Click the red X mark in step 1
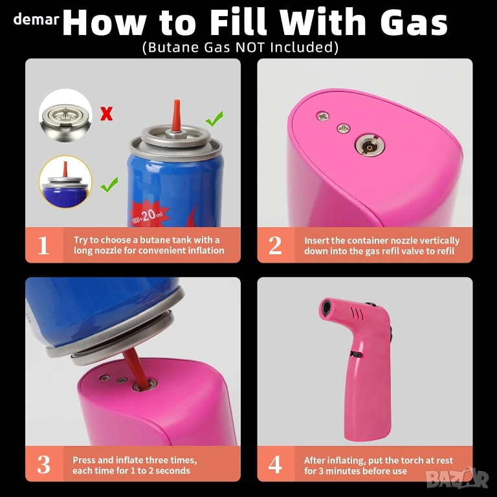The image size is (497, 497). (x=107, y=114)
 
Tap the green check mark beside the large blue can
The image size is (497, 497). (x=215, y=118)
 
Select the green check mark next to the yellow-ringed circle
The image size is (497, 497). (x=109, y=184)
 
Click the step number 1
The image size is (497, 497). (x=43, y=245)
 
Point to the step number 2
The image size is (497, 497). (x=275, y=245)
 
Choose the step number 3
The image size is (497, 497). (x=44, y=465)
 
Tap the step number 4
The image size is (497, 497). (x=275, y=465)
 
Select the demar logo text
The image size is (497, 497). (x=36, y=19)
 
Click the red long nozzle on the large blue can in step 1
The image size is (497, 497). (x=176, y=115)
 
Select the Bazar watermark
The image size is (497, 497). (x=457, y=478)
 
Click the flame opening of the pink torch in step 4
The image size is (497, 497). (x=326, y=307)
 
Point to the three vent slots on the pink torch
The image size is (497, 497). (x=357, y=313)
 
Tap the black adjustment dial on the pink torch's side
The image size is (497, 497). (x=357, y=355)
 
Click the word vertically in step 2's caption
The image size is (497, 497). (x=439, y=241)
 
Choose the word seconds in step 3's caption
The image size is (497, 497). (x=173, y=470)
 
